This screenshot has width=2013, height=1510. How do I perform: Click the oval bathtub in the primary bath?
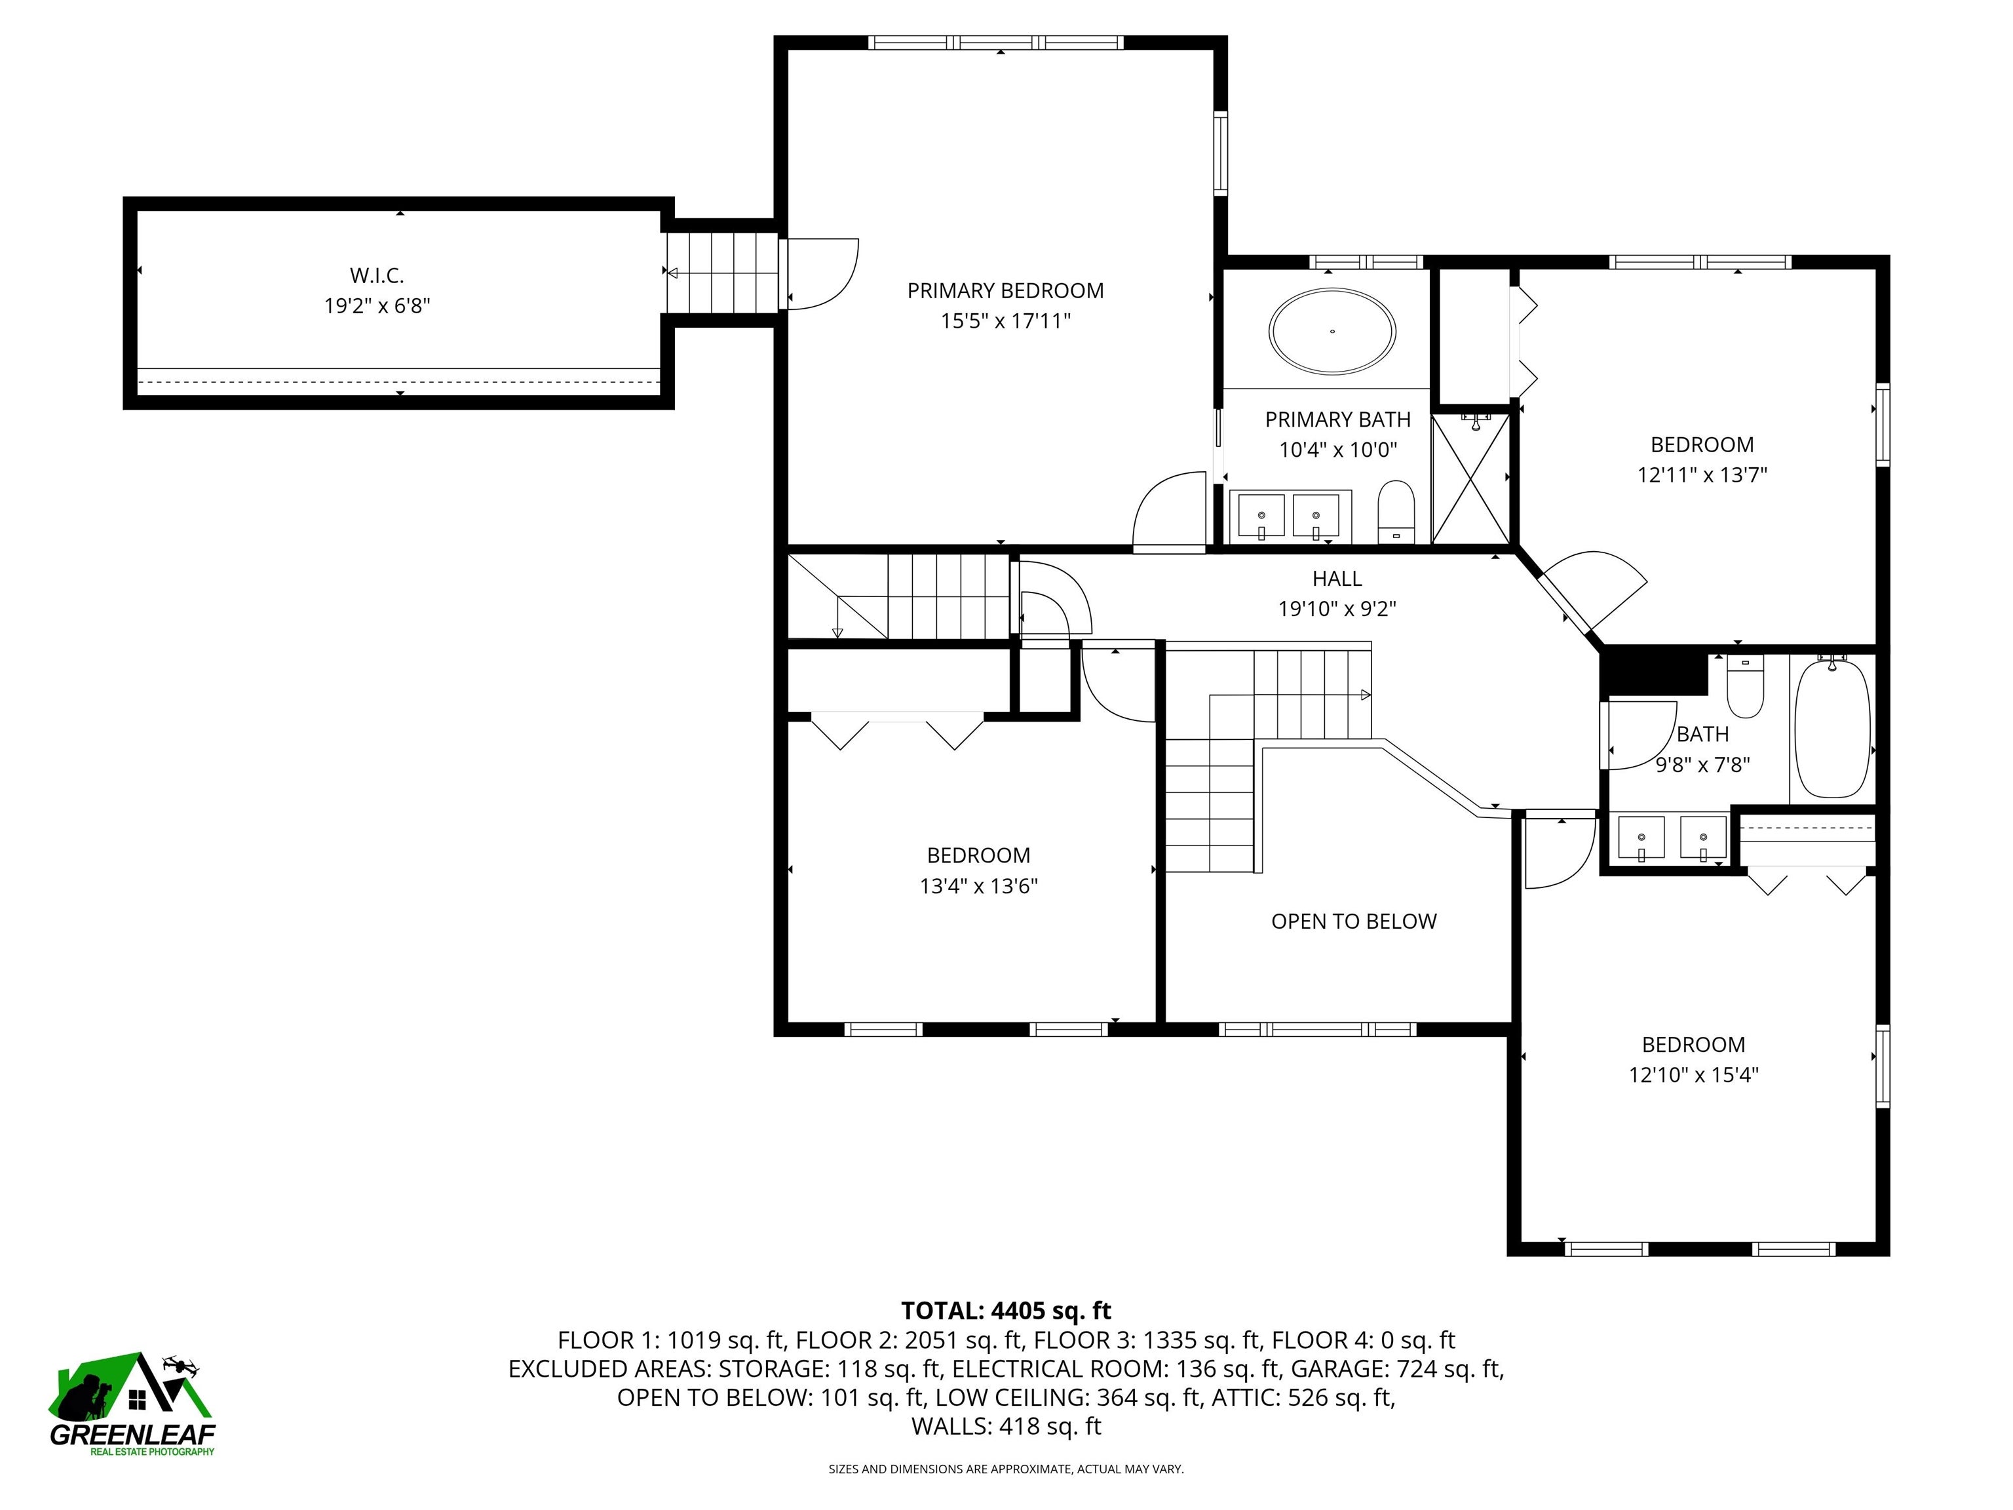click(1332, 332)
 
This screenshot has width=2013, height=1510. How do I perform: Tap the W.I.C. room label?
click(377, 275)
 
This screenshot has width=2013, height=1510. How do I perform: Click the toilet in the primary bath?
click(1396, 511)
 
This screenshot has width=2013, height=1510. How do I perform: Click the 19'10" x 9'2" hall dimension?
click(1337, 609)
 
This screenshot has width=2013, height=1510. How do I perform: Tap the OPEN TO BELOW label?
click(1353, 921)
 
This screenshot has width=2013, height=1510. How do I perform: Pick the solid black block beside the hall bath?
click(1652, 672)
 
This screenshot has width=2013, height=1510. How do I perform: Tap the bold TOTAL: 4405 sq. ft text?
click(1006, 1311)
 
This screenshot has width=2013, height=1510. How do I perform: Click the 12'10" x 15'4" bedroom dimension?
click(1693, 1075)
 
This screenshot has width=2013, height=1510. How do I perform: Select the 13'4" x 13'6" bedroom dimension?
click(978, 885)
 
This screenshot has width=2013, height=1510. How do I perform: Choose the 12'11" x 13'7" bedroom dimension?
click(1702, 475)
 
